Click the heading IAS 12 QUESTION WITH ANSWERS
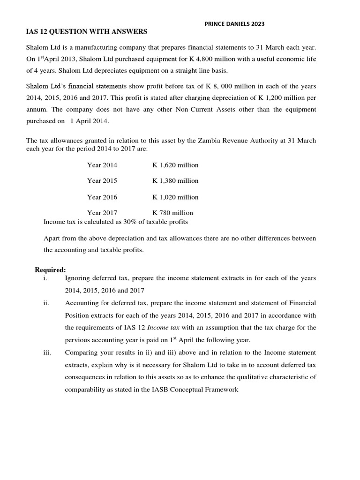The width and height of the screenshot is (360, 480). pos(86,31)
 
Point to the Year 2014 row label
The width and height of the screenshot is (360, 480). pos(102,165)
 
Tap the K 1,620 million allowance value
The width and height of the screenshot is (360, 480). pos(175,165)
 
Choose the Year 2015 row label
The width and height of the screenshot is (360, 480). pos(102,180)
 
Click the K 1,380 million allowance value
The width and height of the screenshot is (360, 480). pos(175,180)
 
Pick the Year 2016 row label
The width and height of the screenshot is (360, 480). pos(102,197)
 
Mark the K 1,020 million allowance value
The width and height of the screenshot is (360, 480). pos(175,197)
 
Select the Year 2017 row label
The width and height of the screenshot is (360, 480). pos(102,213)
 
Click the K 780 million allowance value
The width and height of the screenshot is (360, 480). pos(172,213)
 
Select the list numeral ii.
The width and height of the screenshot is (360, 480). pos(46,303)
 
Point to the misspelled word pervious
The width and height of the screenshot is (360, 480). pos(78,339)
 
